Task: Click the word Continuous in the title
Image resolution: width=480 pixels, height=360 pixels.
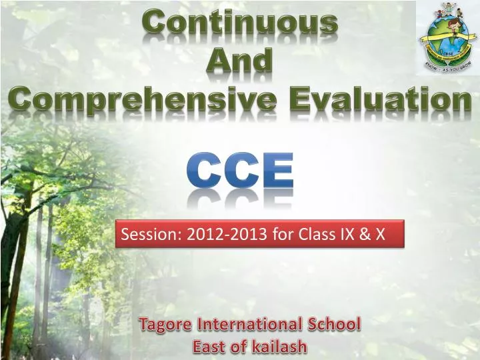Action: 241,23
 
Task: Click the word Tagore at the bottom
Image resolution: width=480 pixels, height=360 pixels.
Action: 162,325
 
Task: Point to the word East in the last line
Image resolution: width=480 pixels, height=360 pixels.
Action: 209,347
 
